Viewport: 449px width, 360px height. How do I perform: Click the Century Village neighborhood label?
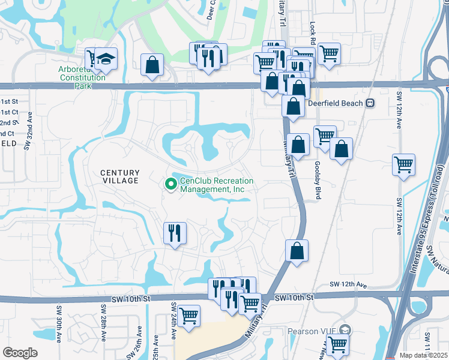click(x=119, y=176)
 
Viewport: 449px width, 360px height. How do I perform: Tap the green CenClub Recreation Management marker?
click(x=171, y=185)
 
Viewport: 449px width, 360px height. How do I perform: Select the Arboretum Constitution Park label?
click(x=82, y=78)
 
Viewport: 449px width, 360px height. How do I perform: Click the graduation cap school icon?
click(x=106, y=59)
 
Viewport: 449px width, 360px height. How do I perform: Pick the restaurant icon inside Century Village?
click(x=175, y=232)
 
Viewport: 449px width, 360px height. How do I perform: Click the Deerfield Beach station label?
click(x=334, y=103)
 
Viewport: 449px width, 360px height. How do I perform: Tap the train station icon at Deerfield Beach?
click(x=370, y=103)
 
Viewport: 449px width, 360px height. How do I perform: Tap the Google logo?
click(x=20, y=353)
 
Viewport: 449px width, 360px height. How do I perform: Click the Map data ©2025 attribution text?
click(x=423, y=355)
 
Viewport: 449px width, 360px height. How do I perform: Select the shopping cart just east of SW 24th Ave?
click(x=188, y=315)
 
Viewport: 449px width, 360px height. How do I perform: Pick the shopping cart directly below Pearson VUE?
click(x=338, y=345)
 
